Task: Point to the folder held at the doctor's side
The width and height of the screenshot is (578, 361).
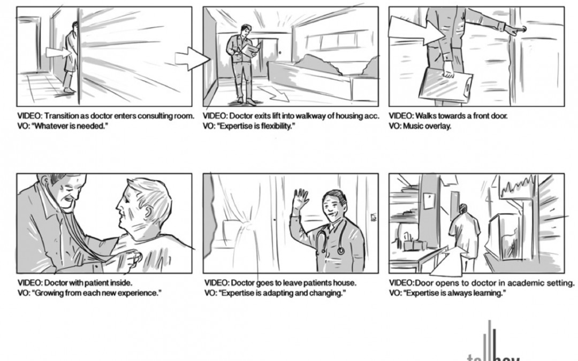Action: click(x=445, y=85)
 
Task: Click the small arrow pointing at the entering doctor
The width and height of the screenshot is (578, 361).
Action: click(x=57, y=52)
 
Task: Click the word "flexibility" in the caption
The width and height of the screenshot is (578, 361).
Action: click(x=276, y=126)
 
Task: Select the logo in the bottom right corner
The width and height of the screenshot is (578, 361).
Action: click(x=492, y=345)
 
